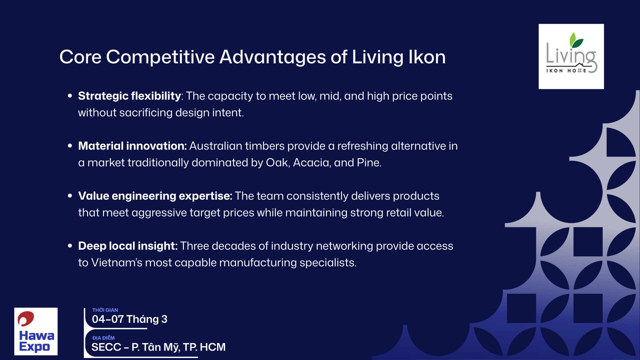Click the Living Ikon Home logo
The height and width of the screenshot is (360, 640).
pos(571,56)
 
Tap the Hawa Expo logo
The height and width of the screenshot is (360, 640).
pos(36,331)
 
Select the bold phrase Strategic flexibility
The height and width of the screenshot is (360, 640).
pos(129,96)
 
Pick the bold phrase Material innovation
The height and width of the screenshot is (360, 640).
pos(132,146)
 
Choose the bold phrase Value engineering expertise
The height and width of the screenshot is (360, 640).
pos(155,196)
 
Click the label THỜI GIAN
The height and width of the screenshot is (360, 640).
pos(105,310)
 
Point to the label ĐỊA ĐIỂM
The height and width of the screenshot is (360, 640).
pos(103,338)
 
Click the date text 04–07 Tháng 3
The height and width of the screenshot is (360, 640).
pos(130,319)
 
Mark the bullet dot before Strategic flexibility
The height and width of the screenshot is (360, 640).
pos(70,96)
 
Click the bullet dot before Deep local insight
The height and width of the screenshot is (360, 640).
pos(70,246)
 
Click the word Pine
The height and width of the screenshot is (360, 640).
pos(368,163)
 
